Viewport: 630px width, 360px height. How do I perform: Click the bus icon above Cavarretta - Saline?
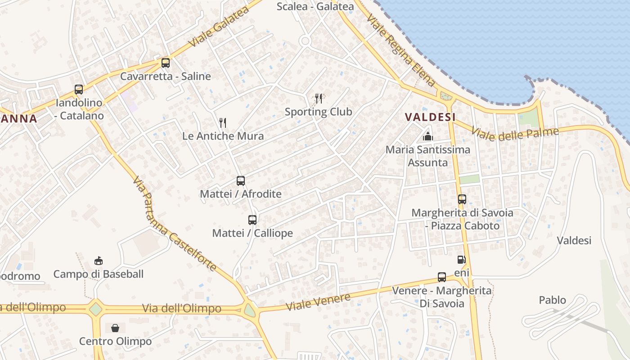(x=166, y=63)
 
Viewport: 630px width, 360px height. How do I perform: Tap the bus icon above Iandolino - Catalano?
(x=79, y=90)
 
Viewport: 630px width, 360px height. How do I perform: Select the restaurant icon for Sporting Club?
(x=319, y=98)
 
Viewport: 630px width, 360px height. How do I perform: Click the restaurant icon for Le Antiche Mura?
(x=222, y=122)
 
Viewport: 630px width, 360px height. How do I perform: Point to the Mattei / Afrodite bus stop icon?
(x=241, y=181)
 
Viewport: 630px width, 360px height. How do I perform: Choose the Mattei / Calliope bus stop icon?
(x=252, y=220)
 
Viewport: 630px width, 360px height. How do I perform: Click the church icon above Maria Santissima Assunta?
(x=428, y=136)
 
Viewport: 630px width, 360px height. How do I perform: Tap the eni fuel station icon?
(x=461, y=260)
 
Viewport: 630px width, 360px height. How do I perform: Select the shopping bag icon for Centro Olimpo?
(x=115, y=328)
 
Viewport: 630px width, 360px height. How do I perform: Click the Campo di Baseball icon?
(x=99, y=261)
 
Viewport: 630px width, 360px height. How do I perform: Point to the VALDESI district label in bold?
(x=430, y=117)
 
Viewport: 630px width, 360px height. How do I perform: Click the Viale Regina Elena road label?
(x=401, y=49)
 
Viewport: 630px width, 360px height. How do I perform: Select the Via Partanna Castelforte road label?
(x=175, y=224)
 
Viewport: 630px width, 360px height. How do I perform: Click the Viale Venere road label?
(x=319, y=302)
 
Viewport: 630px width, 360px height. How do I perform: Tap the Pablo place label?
(x=553, y=300)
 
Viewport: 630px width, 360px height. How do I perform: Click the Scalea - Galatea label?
(x=315, y=6)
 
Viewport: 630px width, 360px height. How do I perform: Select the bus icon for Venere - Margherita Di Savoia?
(x=442, y=277)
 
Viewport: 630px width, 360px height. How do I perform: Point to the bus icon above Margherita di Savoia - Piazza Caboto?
(x=462, y=199)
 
